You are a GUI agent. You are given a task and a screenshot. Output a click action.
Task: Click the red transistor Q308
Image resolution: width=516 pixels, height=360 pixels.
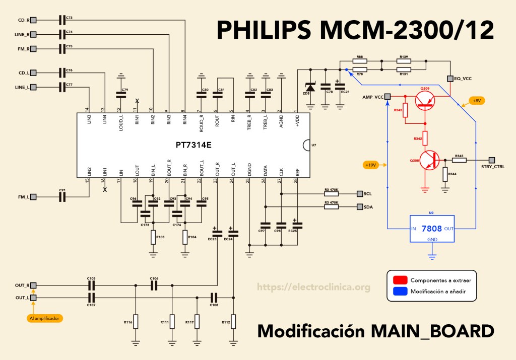point(429,160)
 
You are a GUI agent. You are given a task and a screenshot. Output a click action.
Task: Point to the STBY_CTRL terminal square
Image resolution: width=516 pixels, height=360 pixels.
point(492,160)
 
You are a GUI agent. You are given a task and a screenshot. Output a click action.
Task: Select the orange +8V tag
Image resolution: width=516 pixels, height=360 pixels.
point(476,101)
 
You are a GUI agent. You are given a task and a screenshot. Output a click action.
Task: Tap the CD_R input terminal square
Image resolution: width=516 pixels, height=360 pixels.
point(34,20)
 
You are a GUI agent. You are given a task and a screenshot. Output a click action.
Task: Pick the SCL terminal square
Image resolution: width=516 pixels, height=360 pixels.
point(359,193)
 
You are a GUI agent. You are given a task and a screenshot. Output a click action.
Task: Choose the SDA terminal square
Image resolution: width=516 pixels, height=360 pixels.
point(359,206)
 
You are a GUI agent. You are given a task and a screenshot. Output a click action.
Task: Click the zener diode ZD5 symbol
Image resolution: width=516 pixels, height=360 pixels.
point(310,88)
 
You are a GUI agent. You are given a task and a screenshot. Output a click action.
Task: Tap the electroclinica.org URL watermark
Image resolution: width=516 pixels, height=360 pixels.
point(314,287)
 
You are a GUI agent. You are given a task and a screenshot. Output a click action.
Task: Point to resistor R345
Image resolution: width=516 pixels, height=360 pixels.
point(459,160)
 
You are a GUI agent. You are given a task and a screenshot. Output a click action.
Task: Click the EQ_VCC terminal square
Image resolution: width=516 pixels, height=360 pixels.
point(450,79)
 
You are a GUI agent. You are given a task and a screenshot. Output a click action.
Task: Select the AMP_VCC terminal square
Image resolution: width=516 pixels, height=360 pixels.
point(388,97)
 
